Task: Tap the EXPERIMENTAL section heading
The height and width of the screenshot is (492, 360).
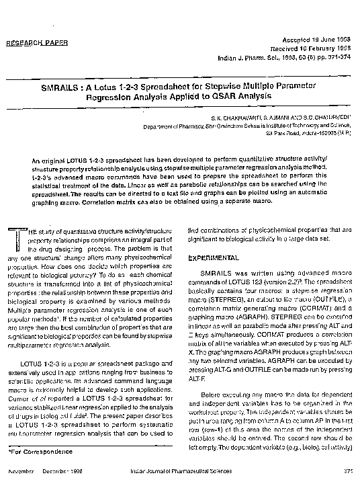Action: [x=214, y=257]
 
